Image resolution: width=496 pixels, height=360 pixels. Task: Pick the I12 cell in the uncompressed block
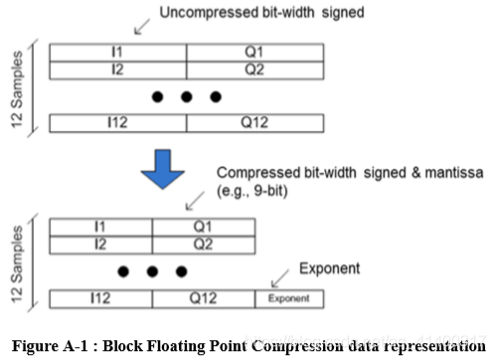[116, 124]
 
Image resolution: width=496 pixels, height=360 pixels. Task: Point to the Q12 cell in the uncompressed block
[253, 124]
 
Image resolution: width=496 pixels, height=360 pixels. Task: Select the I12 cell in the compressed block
[100, 297]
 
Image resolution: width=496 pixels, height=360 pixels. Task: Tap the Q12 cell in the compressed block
[204, 297]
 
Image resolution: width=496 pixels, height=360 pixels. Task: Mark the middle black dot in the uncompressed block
[185, 97]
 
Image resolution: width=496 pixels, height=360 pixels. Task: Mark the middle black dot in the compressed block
[152, 270]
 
